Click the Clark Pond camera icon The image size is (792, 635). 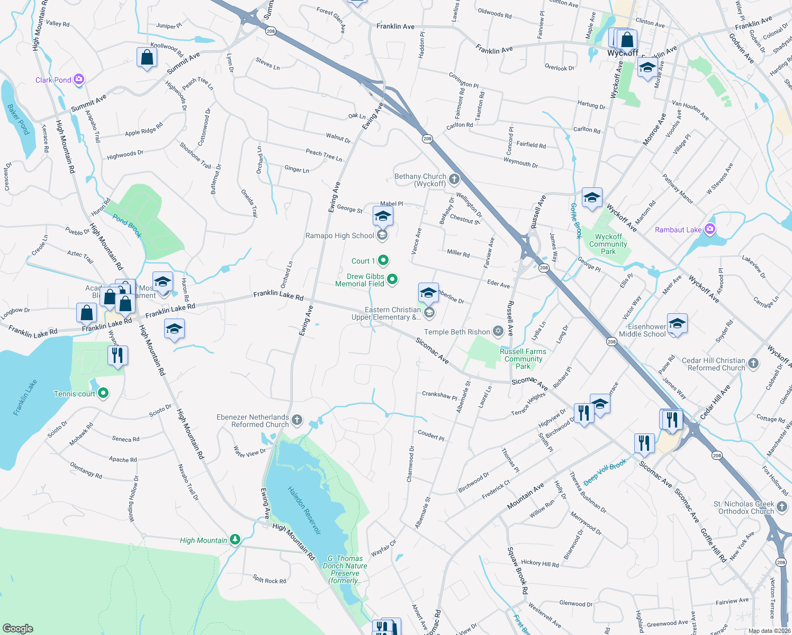[79, 79]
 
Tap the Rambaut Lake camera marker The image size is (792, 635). [710, 229]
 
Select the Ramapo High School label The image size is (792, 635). [339, 235]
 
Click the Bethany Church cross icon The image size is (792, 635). [454, 179]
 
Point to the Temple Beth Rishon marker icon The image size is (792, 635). [498, 331]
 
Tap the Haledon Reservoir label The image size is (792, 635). [304, 510]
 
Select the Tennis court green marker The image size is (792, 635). [104, 393]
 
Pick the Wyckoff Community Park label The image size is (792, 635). [608, 244]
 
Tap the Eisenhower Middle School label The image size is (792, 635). [642, 330]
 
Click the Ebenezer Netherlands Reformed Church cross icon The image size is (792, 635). [297, 421]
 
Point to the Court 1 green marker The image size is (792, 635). [383, 260]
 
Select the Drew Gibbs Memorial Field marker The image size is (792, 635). [392, 279]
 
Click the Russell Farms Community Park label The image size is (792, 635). [523, 359]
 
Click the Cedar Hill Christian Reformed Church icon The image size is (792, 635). [754, 364]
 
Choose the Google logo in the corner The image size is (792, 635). [18, 628]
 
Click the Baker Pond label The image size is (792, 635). [18, 119]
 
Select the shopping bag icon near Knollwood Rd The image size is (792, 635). [147, 58]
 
